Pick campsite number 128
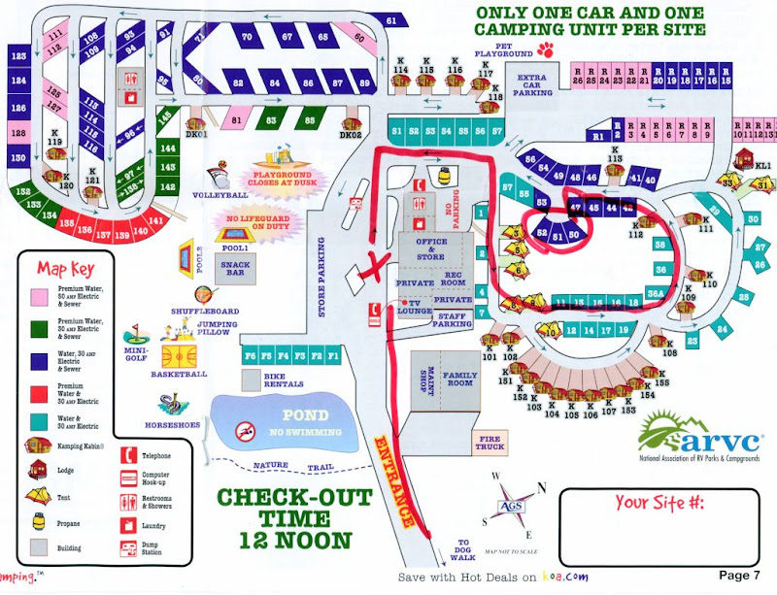[17, 133]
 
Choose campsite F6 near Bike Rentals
[252, 355]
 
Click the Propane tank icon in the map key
[38, 521]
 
